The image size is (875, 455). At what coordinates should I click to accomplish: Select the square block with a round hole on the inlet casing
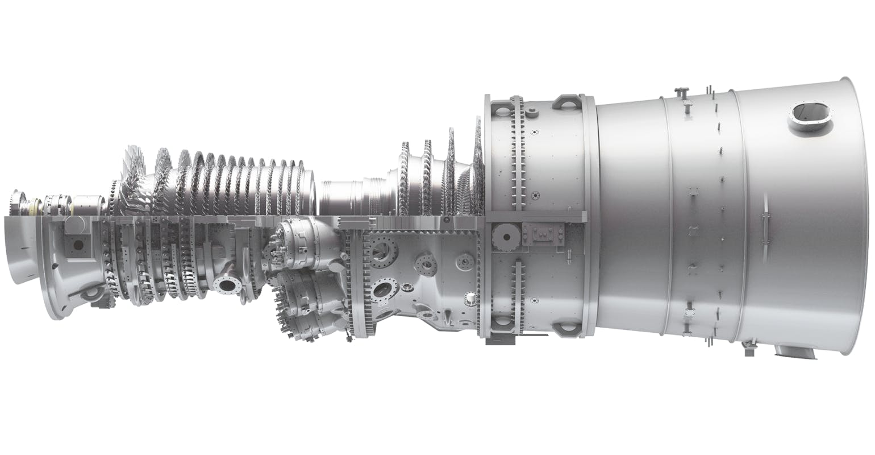click(76, 245)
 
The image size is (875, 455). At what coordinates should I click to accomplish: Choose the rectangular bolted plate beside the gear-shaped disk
click(543, 233)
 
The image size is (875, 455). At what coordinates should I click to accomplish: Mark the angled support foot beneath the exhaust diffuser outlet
click(798, 350)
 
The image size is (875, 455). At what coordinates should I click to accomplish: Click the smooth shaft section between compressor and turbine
click(341, 196)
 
